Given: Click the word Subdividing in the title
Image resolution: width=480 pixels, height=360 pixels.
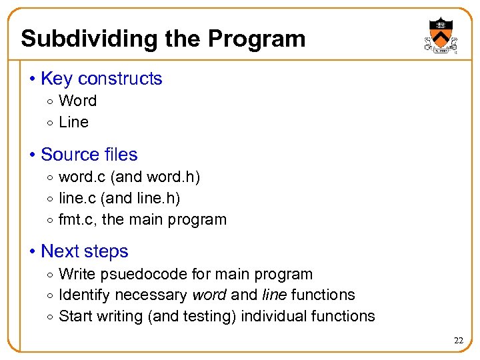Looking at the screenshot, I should coord(85,39).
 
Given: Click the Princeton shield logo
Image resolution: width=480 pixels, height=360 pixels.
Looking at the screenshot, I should coord(441,35).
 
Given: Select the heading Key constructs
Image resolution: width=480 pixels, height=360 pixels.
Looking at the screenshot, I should coord(101,79).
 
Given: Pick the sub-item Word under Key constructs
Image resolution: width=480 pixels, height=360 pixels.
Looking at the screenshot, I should coord(78,101).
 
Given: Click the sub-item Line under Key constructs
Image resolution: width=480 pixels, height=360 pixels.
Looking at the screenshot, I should coord(74,122).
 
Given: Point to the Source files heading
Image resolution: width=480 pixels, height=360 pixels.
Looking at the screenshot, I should coord(89,155).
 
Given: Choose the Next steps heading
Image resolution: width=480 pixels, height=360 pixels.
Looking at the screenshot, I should coord(84,251).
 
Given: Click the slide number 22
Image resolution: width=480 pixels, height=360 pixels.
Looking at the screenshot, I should coord(458,341).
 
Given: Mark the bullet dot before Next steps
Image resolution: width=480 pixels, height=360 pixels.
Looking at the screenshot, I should coord(33,252).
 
